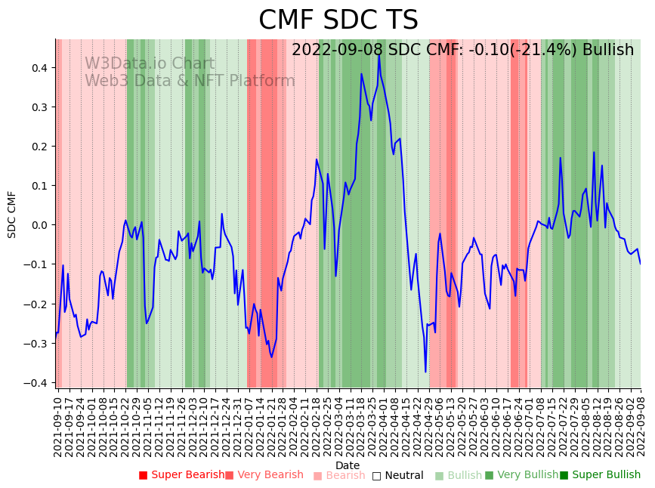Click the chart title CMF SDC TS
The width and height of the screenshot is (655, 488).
pos(338,20)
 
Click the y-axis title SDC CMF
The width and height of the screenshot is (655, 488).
pos(12,214)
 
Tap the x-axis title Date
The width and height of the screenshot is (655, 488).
pos(348,465)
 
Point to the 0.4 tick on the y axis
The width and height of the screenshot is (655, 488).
pos(39,68)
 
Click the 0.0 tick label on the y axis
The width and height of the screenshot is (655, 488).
pos(39,225)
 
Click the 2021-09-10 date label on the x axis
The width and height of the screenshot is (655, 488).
pos(57,426)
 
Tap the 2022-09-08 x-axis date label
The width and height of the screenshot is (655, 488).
pos(641,426)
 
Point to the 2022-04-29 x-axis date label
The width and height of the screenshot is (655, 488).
pos(429,426)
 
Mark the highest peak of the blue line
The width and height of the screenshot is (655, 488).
pos(379,54)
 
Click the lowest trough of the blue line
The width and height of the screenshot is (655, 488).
pos(425,372)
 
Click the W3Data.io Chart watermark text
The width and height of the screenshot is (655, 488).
pos(150,63)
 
